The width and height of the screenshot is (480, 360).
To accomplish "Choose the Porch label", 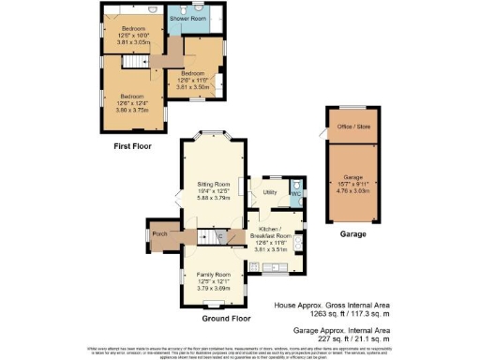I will point(160,234).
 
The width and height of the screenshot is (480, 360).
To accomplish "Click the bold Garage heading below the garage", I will point(351,235).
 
